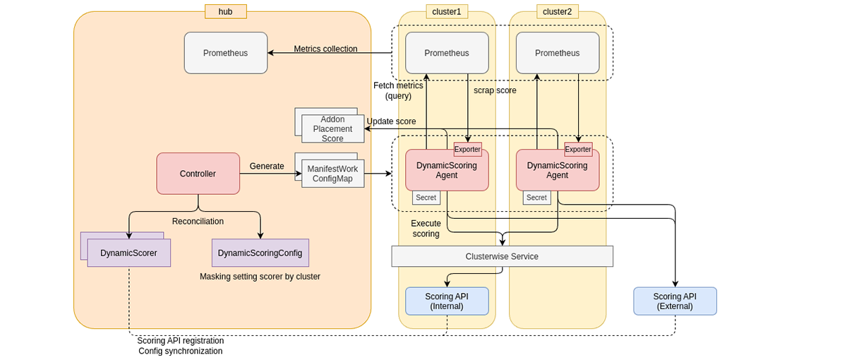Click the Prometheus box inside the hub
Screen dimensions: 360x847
[226, 53]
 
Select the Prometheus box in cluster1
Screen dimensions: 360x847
[447, 53]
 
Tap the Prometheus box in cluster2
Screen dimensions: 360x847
[558, 53]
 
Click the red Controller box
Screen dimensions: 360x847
[198, 174]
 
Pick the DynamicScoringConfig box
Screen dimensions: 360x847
[260, 253]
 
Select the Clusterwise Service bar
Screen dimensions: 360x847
[502, 256]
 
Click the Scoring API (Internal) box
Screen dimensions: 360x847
[447, 301]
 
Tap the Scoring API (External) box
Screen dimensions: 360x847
[675, 301]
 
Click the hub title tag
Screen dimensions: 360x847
[225, 11]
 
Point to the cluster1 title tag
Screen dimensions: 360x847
[447, 11]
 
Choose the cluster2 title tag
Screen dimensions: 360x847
[558, 11]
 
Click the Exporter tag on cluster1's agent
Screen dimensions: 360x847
[467, 149]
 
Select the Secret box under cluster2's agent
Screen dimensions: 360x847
[536, 198]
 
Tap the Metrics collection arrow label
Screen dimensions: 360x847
[325, 49]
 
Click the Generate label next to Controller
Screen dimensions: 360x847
[267, 167]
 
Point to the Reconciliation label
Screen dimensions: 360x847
[198, 221]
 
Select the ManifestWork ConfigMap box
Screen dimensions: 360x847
[332, 174]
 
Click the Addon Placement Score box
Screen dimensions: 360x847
[332, 129]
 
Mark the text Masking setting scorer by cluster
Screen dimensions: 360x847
[260, 277]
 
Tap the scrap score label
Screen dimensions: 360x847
[495, 90]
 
